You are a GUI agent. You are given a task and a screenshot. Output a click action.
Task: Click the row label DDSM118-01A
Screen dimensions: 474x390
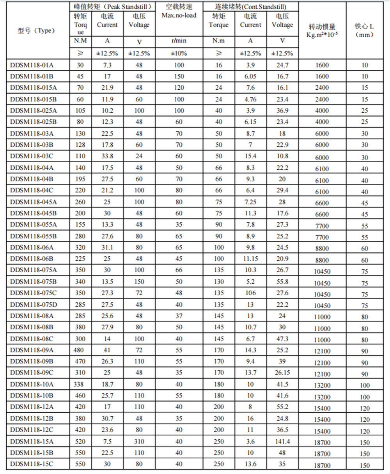(32, 65)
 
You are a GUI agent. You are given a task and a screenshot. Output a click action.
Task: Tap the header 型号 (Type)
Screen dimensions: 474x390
(36, 31)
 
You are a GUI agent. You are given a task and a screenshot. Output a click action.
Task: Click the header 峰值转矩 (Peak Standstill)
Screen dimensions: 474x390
(112, 7)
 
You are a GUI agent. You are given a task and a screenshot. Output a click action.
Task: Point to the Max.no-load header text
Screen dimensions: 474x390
(179, 15)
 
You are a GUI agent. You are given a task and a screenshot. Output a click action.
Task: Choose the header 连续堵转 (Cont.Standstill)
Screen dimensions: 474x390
(251, 7)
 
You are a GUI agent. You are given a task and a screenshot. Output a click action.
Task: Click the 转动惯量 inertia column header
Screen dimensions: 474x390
(322, 30)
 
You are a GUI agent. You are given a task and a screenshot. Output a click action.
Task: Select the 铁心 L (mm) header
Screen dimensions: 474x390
(364, 30)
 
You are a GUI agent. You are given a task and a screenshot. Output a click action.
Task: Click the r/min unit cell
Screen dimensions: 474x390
(179, 41)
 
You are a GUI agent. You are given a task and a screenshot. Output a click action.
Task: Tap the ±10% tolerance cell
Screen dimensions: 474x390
(179, 53)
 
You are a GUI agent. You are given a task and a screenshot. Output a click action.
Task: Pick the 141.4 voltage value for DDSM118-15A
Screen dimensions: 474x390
(282, 441)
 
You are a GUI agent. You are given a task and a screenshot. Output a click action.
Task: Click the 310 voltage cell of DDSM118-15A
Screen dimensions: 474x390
(139, 441)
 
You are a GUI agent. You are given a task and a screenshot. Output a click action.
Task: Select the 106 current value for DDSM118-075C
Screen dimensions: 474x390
(250, 293)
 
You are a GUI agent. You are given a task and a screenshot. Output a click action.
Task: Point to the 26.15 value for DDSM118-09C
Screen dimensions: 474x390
(282, 373)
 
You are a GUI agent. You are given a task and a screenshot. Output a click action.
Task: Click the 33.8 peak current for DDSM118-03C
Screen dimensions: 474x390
(107, 156)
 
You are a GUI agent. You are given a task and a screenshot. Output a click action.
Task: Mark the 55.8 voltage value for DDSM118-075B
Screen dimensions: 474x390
(282, 281)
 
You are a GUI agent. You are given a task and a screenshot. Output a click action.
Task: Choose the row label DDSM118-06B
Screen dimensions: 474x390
(32, 259)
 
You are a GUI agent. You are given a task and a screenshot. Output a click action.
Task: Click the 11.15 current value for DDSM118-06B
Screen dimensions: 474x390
(250, 259)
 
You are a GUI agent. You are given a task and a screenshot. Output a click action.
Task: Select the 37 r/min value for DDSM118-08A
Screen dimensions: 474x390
(179, 316)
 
